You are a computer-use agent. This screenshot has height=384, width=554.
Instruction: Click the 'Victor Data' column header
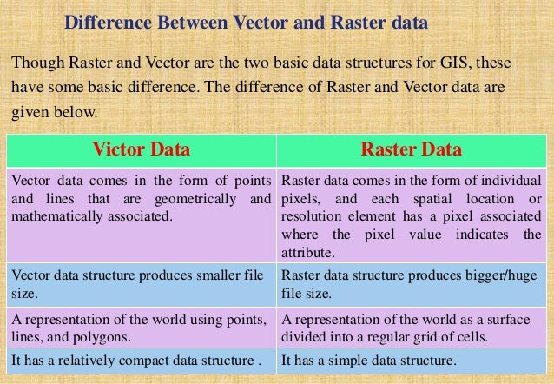[141, 150]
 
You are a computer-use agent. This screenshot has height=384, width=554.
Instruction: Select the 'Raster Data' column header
[412, 150]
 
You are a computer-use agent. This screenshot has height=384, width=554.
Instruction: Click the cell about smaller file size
[139, 284]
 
